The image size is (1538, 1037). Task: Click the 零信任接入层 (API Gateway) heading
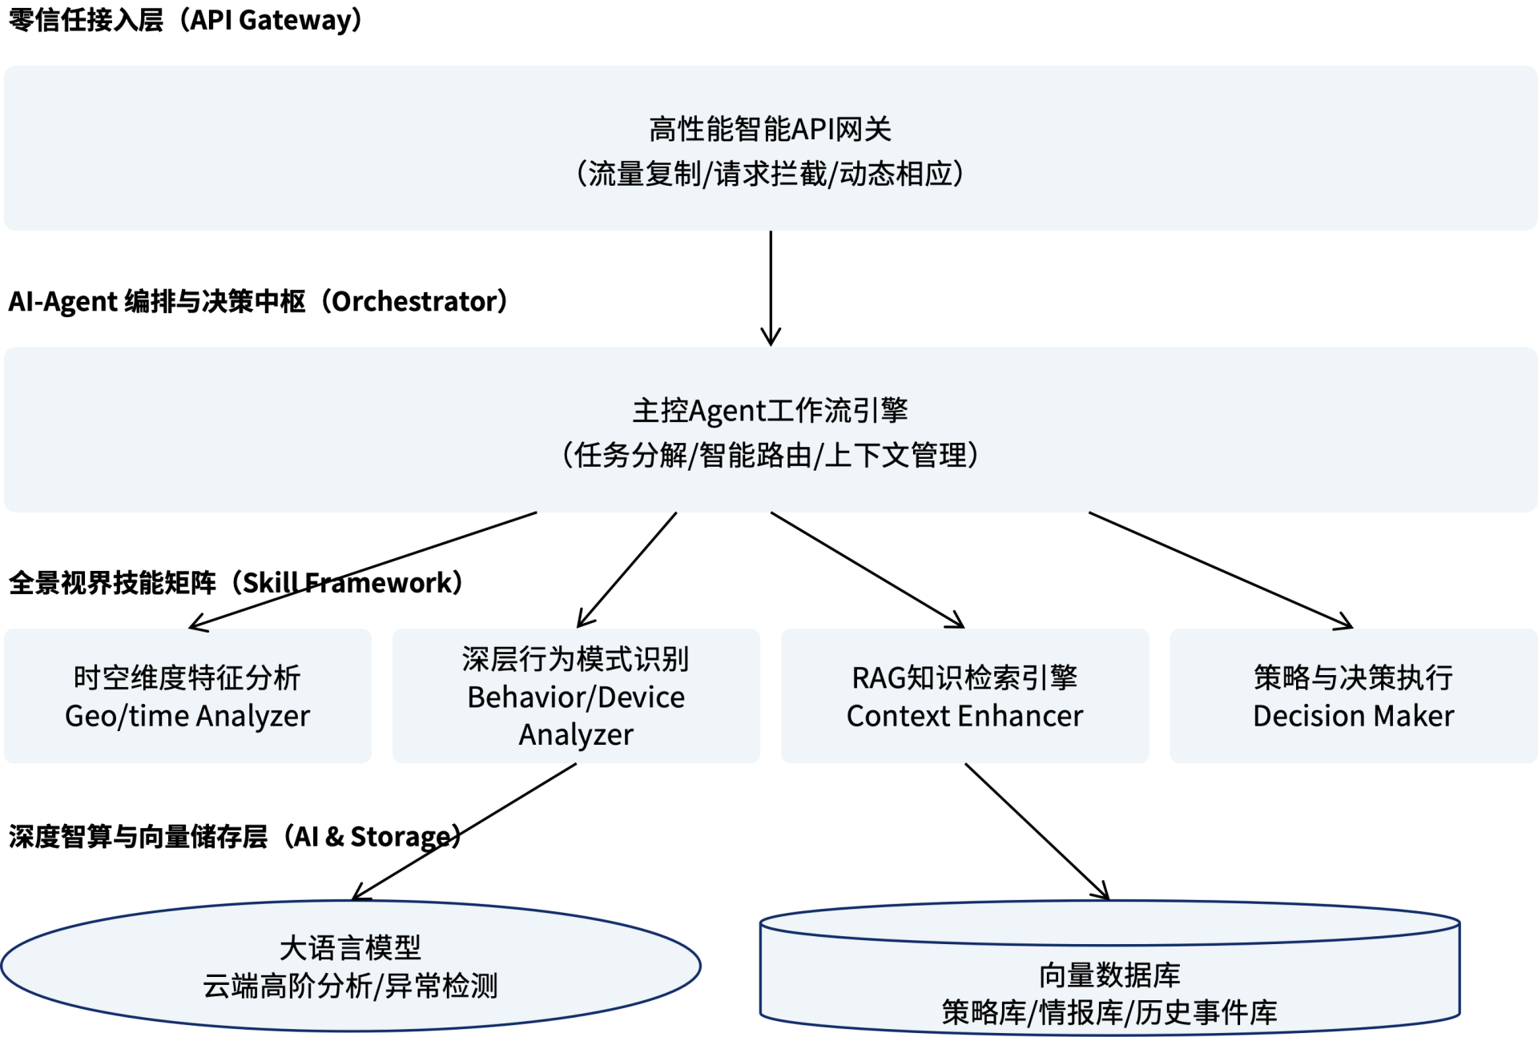(185, 20)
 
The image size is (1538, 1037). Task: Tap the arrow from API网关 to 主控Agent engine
(771, 288)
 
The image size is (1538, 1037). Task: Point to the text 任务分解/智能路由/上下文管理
(770, 456)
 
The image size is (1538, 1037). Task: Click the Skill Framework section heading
(236, 583)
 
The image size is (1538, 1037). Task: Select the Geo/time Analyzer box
(187, 696)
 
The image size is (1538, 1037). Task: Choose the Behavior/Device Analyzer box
(576, 696)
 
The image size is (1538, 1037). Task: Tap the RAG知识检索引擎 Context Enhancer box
(964, 696)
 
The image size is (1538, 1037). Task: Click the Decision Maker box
(1353, 696)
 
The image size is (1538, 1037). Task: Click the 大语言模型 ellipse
(351, 966)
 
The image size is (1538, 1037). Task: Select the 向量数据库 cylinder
(1109, 985)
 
